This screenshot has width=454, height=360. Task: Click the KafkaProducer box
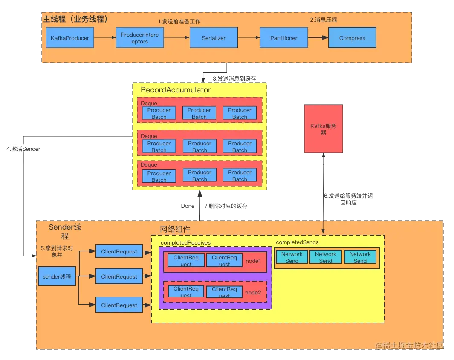pyautogui.click(x=70, y=38)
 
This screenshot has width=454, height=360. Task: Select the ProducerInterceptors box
pyautogui.click(x=140, y=38)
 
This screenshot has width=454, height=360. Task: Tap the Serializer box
pyautogui.click(x=214, y=38)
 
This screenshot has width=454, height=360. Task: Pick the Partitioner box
pyautogui.click(x=284, y=38)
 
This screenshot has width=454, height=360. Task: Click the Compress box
pyautogui.click(x=352, y=38)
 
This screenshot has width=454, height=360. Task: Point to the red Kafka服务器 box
pyautogui.click(x=324, y=129)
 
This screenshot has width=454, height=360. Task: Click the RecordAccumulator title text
pyautogui.click(x=176, y=90)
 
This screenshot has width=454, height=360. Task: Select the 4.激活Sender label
pyautogui.click(x=23, y=149)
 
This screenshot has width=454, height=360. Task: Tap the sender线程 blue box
pyautogui.click(x=57, y=277)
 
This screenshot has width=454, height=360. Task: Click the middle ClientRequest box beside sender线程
pyautogui.click(x=119, y=277)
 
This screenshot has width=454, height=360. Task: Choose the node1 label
pyautogui.click(x=253, y=260)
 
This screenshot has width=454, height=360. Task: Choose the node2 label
pyautogui.click(x=253, y=293)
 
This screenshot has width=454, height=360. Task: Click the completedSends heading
pyautogui.click(x=297, y=242)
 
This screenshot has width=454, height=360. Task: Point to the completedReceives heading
pyautogui.click(x=185, y=243)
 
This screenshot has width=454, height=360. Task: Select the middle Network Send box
pyautogui.click(x=326, y=257)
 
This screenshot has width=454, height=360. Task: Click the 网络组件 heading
pyautogui.click(x=175, y=229)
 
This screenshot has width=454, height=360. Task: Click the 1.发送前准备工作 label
pyautogui.click(x=179, y=21)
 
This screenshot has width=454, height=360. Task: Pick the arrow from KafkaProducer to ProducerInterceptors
pyautogui.click(x=104, y=38)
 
